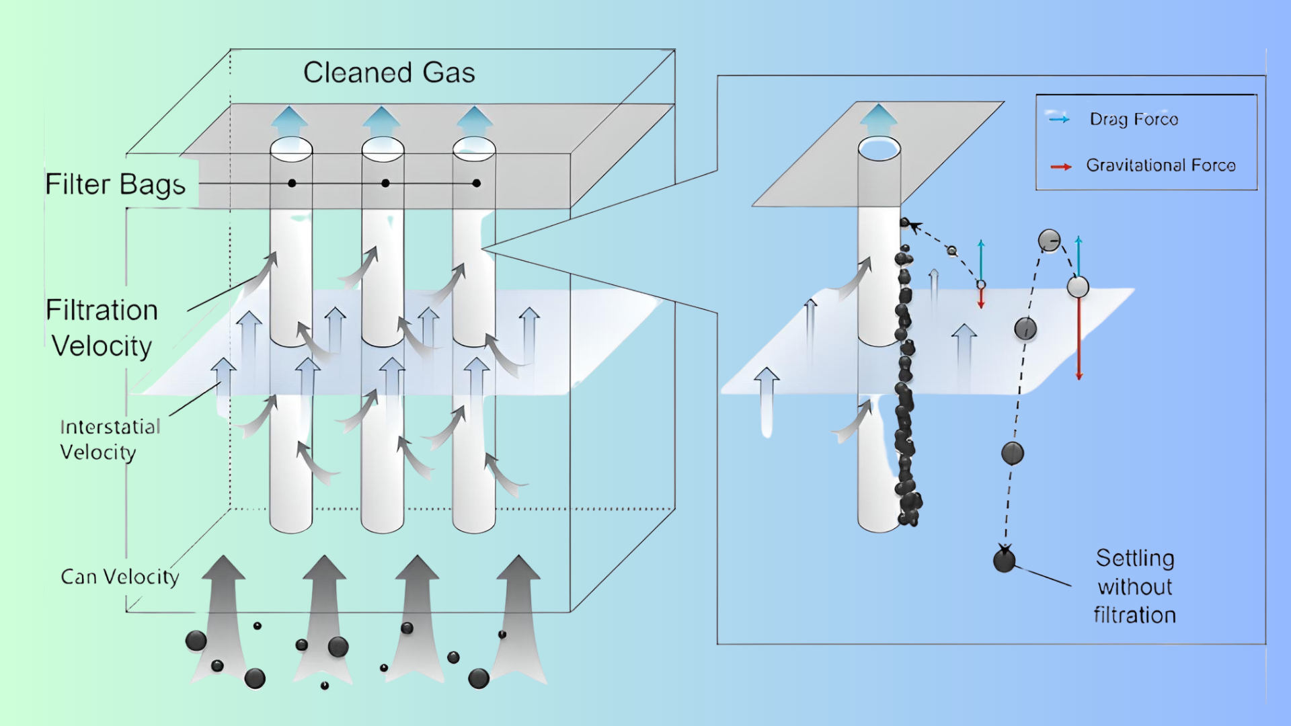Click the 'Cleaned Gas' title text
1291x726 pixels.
(x=389, y=73)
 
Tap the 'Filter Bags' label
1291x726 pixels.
(x=115, y=184)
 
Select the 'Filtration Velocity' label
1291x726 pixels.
(x=102, y=328)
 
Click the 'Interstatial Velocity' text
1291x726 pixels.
(x=110, y=439)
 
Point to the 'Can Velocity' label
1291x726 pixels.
(x=120, y=577)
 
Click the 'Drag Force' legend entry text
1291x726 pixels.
(x=1134, y=119)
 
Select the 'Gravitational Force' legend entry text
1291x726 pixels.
(x=1161, y=165)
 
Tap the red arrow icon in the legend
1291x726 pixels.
(x=1060, y=167)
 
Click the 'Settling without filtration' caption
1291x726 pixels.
(x=1135, y=586)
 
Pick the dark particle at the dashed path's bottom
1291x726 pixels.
(x=1004, y=560)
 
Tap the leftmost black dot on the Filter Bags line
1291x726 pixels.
(x=292, y=183)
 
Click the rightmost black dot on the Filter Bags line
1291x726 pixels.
(x=476, y=183)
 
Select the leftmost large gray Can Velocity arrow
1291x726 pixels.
(x=222, y=612)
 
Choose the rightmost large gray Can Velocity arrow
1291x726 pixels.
(x=518, y=612)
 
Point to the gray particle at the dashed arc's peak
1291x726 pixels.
(x=1049, y=240)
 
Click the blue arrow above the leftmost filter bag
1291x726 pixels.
(x=290, y=121)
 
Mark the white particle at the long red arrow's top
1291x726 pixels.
(x=1078, y=287)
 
